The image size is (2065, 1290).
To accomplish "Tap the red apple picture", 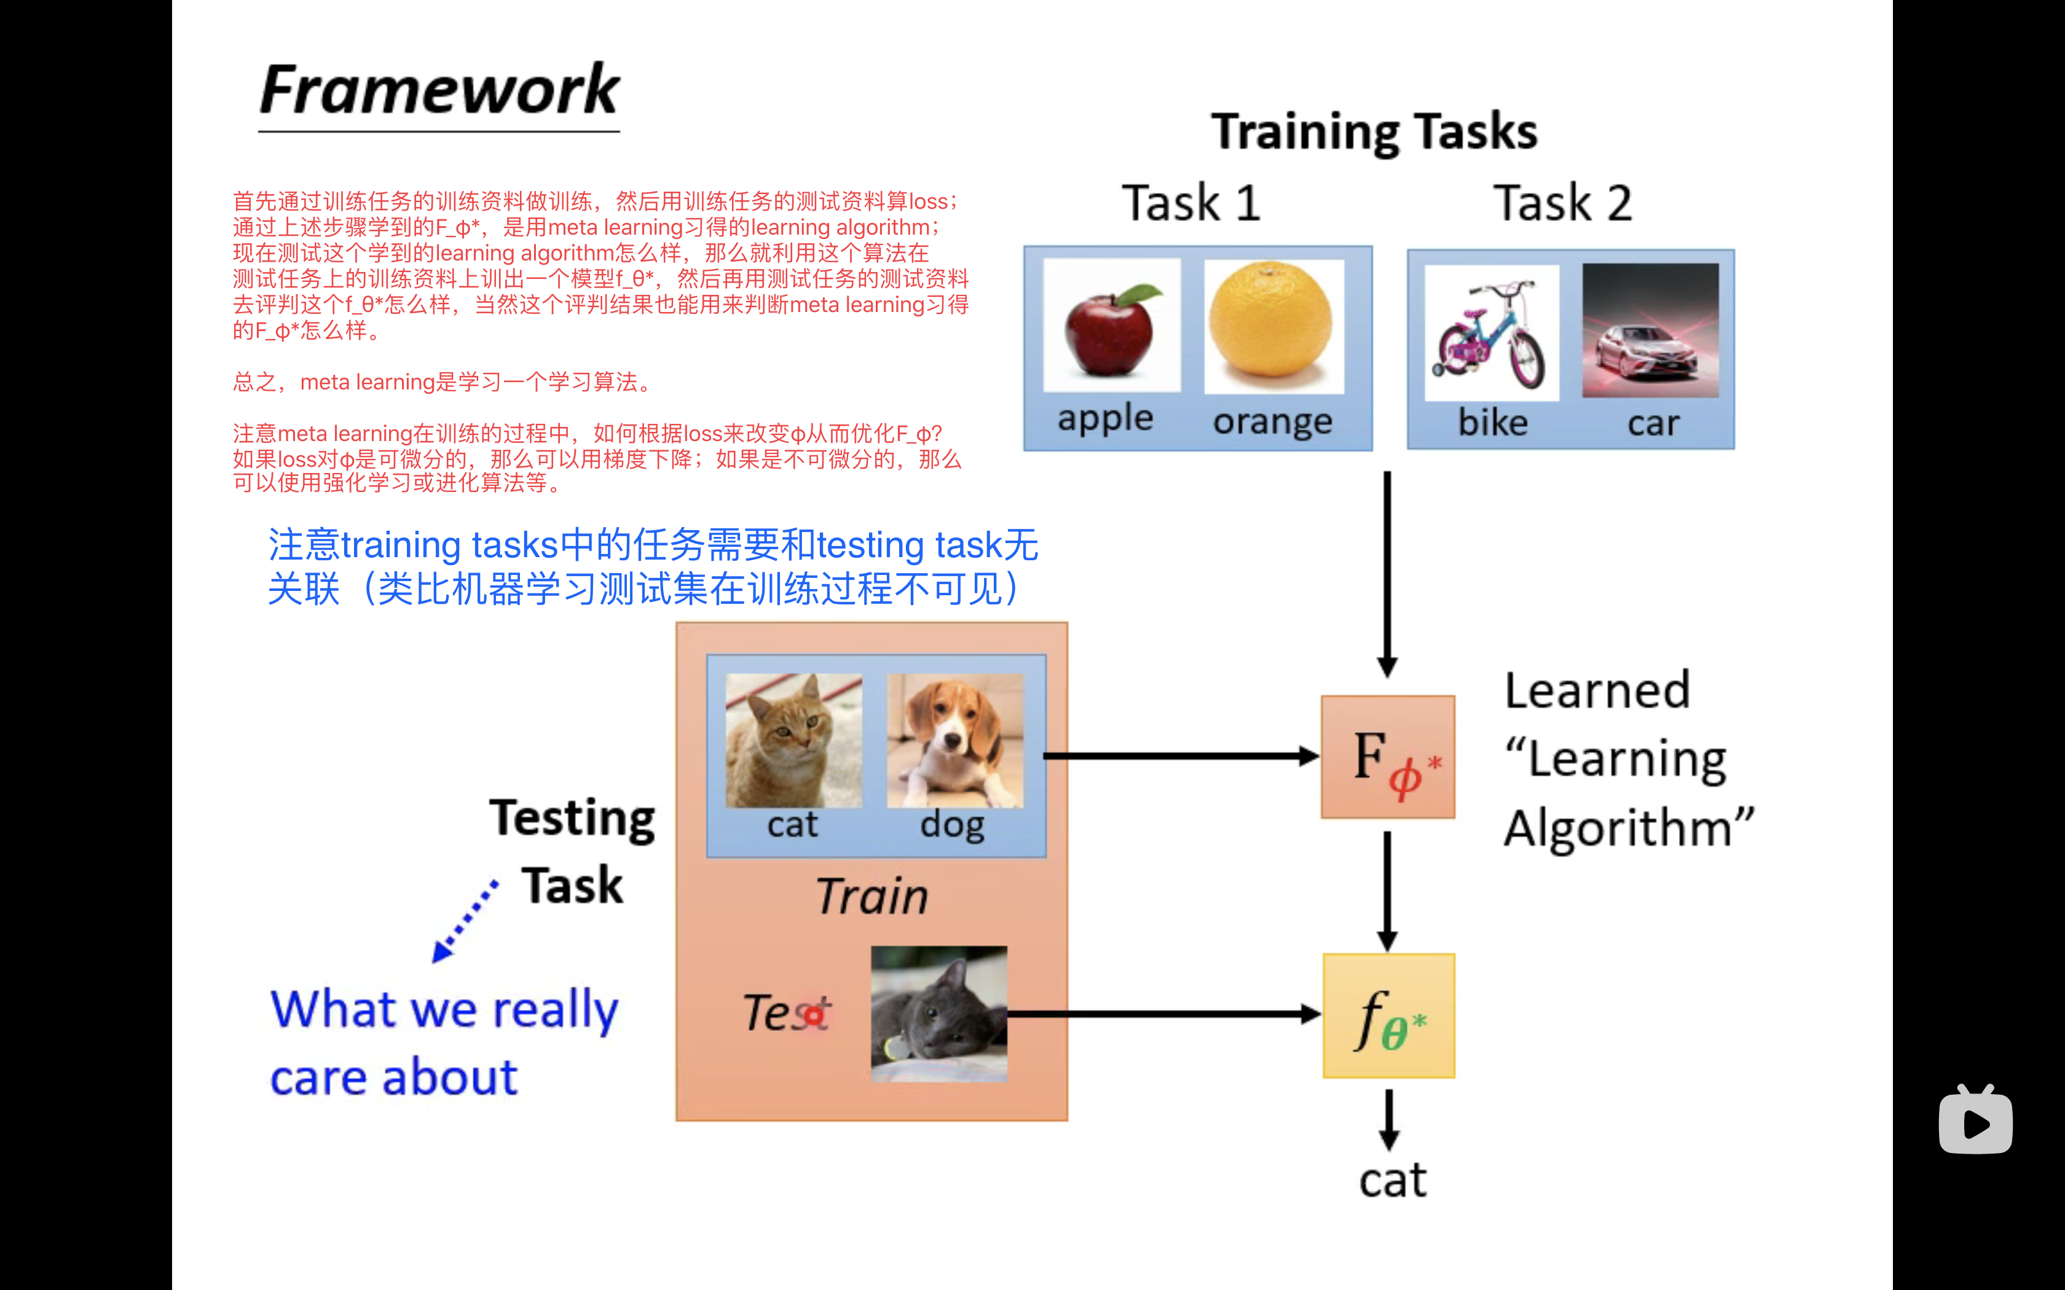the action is pyautogui.click(x=1112, y=325).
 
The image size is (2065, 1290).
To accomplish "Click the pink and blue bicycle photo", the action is pyautogui.click(x=1492, y=332).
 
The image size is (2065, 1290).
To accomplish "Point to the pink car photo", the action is pyautogui.click(x=1650, y=330).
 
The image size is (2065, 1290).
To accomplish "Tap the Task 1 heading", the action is pyautogui.click(x=1191, y=203).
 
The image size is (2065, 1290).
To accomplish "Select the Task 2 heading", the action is pyautogui.click(x=1562, y=203).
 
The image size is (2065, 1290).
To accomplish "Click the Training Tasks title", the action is pyautogui.click(x=1375, y=132).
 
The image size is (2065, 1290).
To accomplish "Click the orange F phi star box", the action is pyautogui.click(x=1388, y=757).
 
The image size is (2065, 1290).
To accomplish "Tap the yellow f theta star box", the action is pyautogui.click(x=1389, y=1015).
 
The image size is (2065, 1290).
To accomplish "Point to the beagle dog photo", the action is pyautogui.click(x=955, y=741).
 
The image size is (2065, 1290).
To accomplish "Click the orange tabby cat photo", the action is pyautogui.click(x=793, y=741).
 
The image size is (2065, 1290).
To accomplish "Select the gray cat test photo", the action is pyautogui.click(x=938, y=1014).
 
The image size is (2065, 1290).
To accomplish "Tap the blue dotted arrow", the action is pyautogui.click(x=465, y=921).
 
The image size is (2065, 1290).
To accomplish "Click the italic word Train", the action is pyautogui.click(x=872, y=897).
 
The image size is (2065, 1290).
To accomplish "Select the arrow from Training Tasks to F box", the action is pyautogui.click(x=1388, y=574).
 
